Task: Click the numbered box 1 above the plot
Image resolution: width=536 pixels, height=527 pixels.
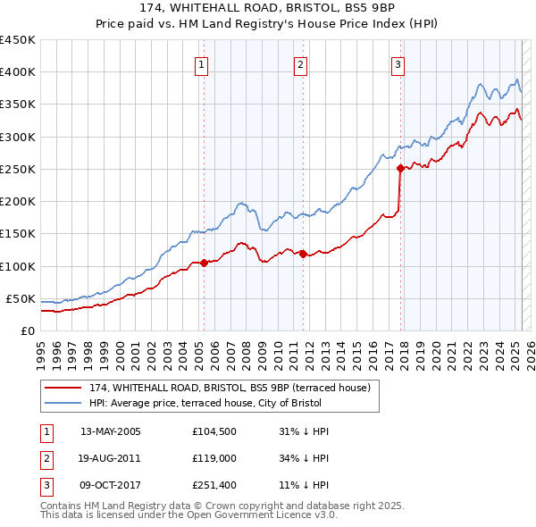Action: coord(203,64)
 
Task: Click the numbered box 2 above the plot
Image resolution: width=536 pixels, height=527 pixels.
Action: coord(301,64)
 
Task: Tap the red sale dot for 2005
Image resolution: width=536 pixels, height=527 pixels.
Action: coord(204,263)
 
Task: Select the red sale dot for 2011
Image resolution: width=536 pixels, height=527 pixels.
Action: coord(303,254)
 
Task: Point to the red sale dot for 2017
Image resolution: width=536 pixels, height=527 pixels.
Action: coord(400,168)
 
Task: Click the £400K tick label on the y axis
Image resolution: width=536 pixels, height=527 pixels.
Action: coord(18,72)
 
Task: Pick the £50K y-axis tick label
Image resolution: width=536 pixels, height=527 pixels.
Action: coord(21,298)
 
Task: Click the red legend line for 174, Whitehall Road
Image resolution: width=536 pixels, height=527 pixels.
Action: coord(63,388)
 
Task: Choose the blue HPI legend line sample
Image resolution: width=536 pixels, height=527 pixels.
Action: coord(63,403)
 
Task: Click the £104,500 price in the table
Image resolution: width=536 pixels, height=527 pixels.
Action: coord(213,431)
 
